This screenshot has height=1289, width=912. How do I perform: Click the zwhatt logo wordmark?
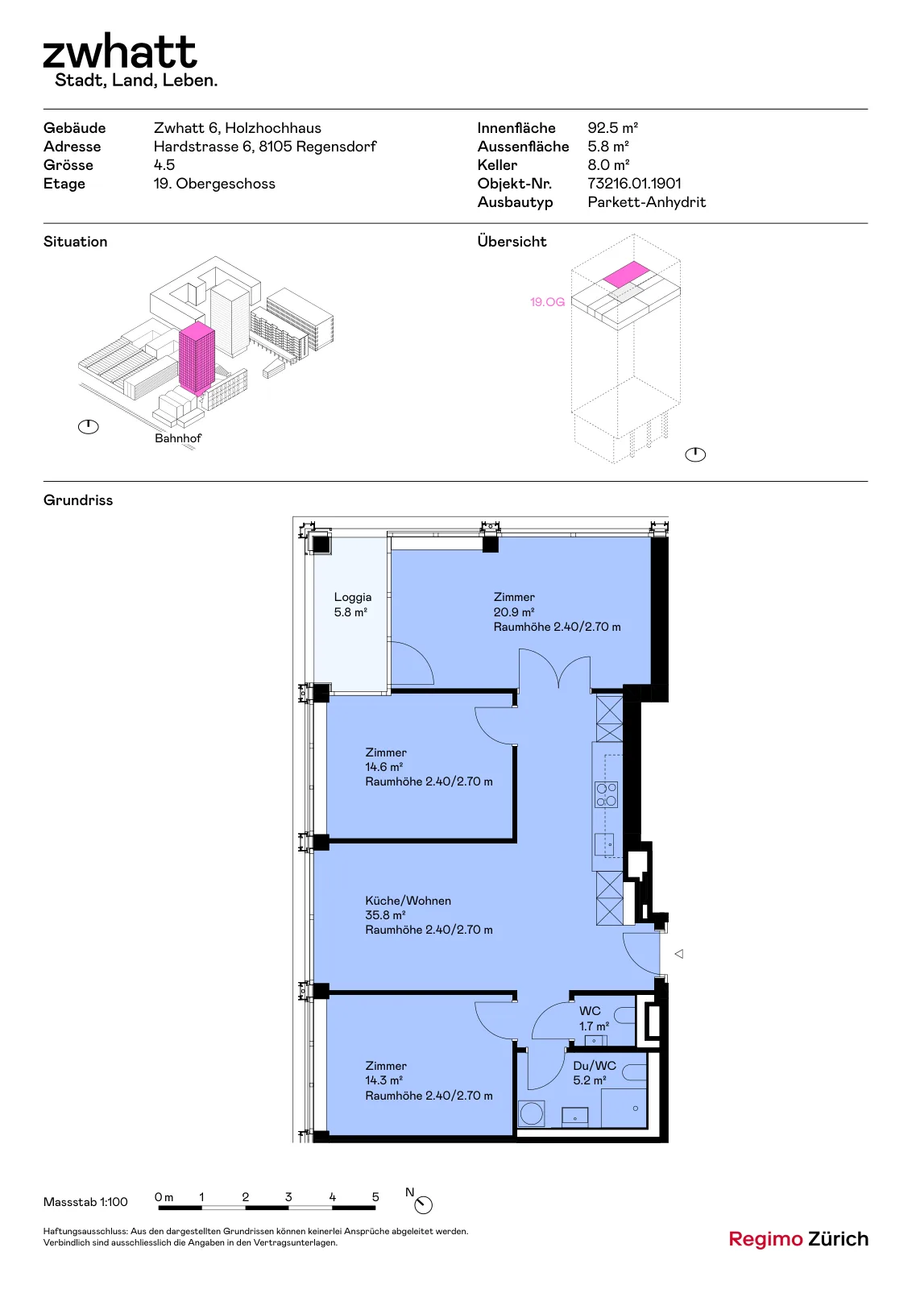120,52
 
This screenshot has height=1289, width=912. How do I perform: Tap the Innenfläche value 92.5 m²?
612,128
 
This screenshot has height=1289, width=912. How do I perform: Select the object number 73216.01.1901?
634,184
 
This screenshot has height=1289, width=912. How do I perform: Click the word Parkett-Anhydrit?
646,202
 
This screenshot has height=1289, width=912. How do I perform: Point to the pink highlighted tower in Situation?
197,358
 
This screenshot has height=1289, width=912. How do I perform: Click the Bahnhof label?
178,438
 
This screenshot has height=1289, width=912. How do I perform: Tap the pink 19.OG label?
547,301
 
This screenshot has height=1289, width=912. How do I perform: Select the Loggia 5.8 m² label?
352,604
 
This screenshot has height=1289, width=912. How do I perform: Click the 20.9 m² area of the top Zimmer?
513,612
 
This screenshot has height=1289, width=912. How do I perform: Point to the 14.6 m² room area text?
383,767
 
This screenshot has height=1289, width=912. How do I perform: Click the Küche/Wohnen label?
408,901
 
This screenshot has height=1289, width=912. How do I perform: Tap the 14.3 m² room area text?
383,1080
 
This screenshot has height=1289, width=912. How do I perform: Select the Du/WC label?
595,1065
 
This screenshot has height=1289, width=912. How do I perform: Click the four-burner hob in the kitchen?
606,794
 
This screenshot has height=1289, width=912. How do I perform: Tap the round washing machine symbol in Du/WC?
532,1113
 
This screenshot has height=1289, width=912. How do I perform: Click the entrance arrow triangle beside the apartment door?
679,954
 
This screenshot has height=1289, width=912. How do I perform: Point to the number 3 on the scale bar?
288,1196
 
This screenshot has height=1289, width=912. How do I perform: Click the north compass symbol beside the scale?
423,1204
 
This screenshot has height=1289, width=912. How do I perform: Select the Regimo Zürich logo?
798,1239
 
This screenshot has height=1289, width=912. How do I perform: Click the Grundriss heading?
77,500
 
